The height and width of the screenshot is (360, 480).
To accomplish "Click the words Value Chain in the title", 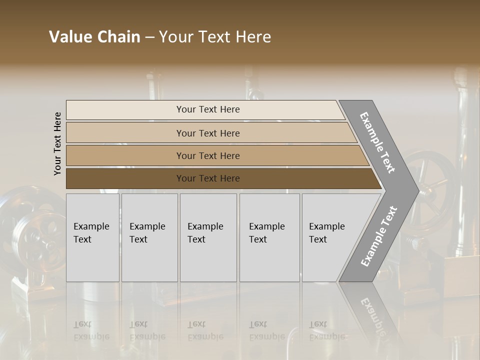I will click(94, 37).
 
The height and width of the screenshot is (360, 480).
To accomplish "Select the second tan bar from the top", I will click(208, 133).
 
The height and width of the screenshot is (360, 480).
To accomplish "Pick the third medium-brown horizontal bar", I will click(208, 155).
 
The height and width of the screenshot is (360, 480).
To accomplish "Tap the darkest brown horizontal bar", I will click(208, 178).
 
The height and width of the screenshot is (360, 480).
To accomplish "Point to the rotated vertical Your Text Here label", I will click(57, 143).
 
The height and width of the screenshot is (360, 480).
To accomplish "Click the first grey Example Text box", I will click(92, 237).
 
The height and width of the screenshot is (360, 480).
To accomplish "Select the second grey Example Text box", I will click(149, 237).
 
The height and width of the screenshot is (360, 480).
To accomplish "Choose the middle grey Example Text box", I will click(208, 237).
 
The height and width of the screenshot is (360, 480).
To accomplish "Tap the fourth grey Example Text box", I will click(269, 237).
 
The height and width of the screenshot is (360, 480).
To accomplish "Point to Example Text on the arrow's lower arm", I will click(379, 236).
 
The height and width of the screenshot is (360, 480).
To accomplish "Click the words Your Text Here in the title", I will click(215, 37).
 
